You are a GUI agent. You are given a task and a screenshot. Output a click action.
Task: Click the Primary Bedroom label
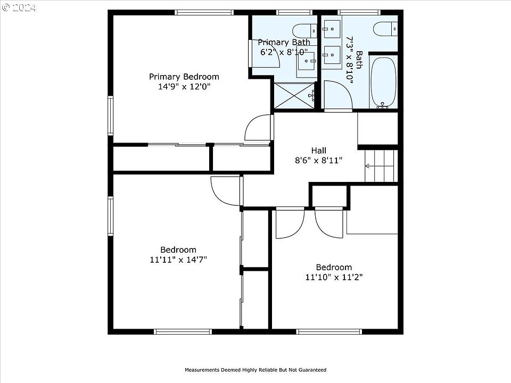click(x=184, y=77)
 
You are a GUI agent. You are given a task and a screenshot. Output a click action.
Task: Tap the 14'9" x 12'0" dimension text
click(x=184, y=87)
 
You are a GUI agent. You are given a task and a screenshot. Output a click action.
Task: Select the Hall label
click(x=319, y=151)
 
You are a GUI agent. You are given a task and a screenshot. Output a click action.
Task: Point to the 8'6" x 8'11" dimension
click(x=319, y=160)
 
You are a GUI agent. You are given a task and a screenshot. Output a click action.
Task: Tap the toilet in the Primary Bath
click(x=304, y=31)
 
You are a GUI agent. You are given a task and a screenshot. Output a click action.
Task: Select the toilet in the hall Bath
click(x=385, y=29)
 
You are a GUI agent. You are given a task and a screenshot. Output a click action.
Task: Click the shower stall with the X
click(x=294, y=96)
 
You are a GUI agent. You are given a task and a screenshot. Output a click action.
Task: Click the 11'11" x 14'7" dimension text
click(x=179, y=260)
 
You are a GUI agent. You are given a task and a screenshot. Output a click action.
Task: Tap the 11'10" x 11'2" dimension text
click(x=334, y=277)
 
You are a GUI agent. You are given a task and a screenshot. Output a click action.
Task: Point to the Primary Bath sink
click(x=307, y=61)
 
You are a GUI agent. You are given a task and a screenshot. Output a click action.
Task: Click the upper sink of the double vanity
click(x=332, y=29)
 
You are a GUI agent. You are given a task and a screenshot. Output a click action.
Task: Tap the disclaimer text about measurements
click(x=256, y=370)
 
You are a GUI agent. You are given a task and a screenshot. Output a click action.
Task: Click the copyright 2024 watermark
click(x=19, y=7)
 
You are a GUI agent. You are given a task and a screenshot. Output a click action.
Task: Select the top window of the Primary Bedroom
click(x=204, y=12)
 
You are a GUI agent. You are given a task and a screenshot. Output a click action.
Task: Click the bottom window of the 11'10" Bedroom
click(x=329, y=331)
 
